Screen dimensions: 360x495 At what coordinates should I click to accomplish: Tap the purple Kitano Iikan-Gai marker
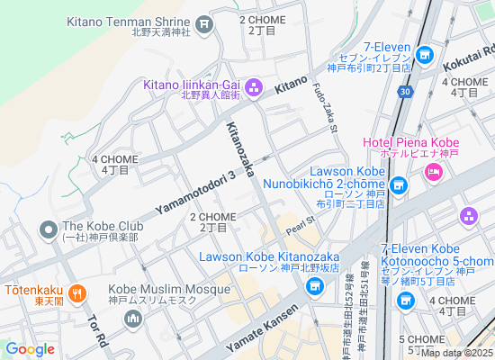point(253,87)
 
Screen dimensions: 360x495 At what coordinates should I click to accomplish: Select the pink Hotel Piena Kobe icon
point(434,171)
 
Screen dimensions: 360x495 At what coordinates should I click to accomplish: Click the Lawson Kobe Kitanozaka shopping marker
point(314,287)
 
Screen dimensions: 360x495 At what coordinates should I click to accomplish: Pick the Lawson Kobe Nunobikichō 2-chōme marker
point(399,187)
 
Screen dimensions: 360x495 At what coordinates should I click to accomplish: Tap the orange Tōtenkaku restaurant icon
point(77,292)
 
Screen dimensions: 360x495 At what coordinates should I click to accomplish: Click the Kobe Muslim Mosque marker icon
point(133,319)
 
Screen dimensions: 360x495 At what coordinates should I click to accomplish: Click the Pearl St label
point(300,221)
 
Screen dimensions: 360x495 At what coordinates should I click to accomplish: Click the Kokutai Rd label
point(469,58)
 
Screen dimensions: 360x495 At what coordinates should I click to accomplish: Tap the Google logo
point(30,349)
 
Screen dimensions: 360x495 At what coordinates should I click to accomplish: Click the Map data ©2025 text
point(455,352)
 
